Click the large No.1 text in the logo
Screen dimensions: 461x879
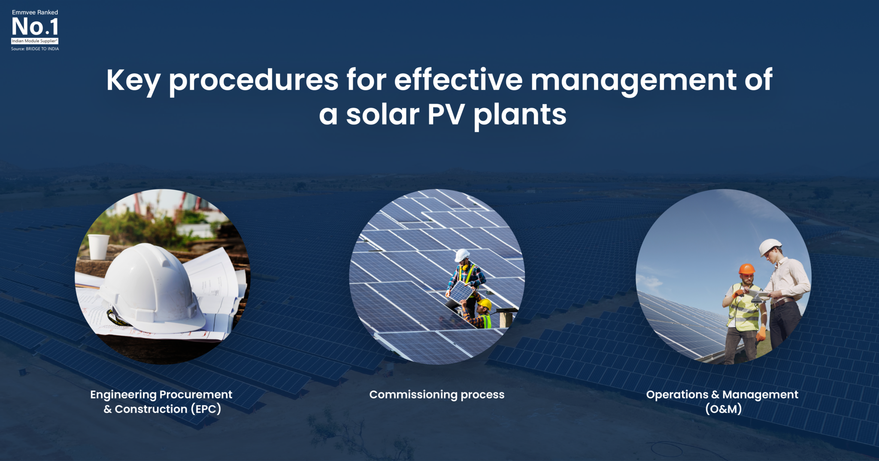[x=35, y=27]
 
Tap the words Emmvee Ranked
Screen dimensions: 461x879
[x=35, y=12]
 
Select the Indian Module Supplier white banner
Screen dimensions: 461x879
[x=35, y=41]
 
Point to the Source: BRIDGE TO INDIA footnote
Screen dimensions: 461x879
[x=35, y=49]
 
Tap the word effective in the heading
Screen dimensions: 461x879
[x=458, y=80]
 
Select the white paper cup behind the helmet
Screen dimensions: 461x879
[x=99, y=247]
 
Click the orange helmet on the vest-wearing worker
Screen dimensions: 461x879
[x=746, y=269]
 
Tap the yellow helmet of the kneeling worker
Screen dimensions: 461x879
[x=485, y=304]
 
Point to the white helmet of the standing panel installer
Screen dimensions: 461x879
[x=462, y=255]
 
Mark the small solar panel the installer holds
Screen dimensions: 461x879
[x=461, y=292]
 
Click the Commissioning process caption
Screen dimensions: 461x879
[x=436, y=395]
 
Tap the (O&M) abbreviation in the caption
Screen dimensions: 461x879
[x=723, y=409]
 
